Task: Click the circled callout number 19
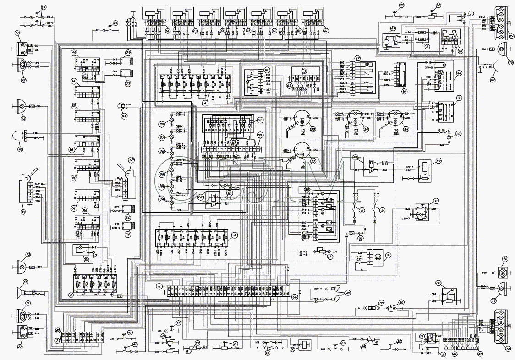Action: (44, 8)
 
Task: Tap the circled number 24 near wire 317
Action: (115, 22)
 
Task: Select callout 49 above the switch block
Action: (74, 53)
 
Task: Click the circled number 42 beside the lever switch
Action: (131, 160)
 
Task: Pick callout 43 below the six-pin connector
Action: (23, 212)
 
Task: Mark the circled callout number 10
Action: (267, 70)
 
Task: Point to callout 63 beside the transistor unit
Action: (289, 85)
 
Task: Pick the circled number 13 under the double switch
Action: (268, 353)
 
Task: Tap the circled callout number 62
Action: (201, 197)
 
